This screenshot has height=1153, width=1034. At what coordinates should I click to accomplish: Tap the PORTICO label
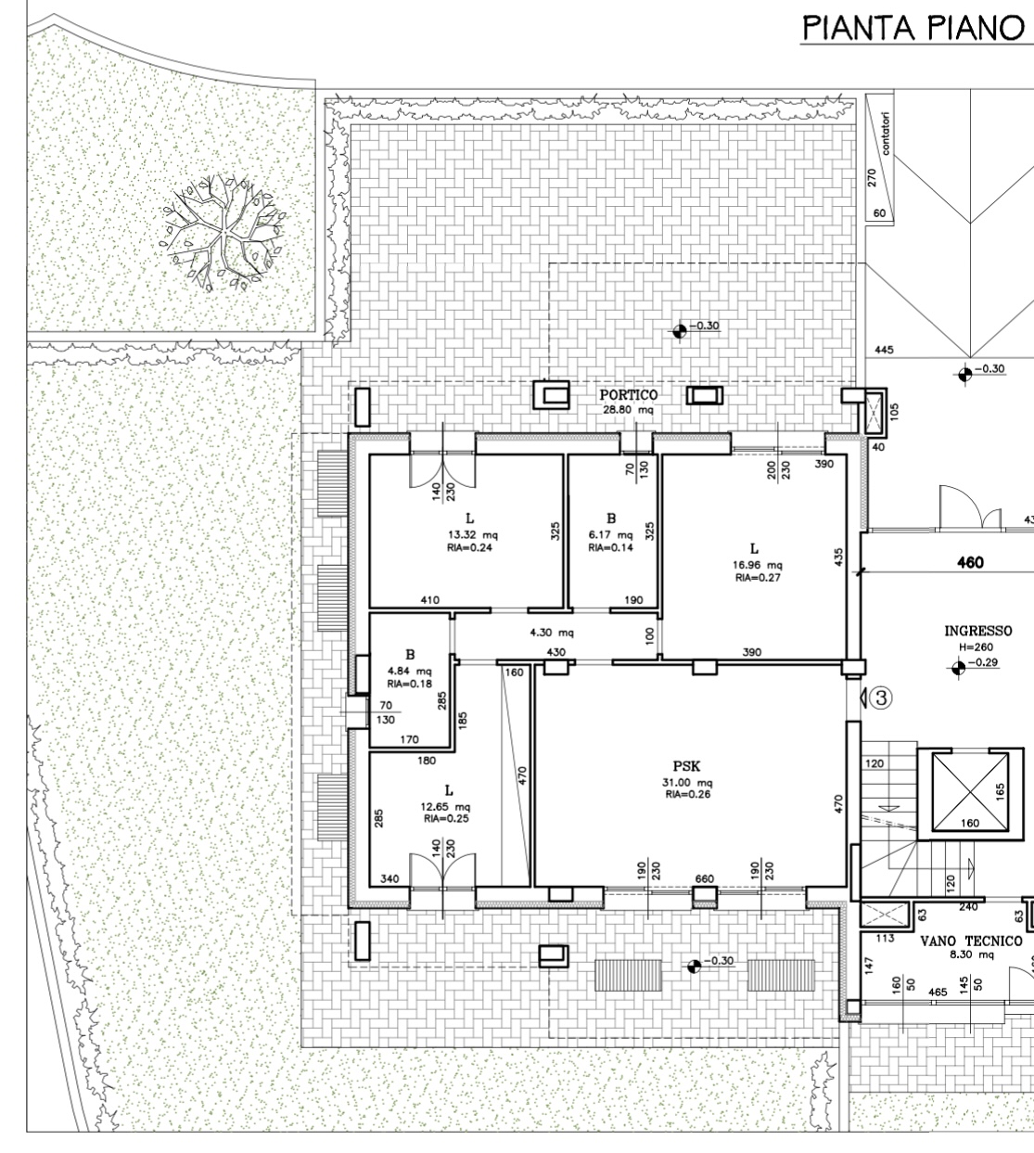(628, 395)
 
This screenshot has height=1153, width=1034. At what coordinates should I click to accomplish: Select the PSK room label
(687, 766)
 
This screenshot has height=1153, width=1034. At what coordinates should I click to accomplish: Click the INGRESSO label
(978, 631)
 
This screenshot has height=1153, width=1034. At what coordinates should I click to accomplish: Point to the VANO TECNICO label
(971, 941)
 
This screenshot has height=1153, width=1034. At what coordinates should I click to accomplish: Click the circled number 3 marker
(881, 698)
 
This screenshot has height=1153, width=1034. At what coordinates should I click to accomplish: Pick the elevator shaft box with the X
(970, 791)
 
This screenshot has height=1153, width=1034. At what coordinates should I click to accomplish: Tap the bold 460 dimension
(970, 562)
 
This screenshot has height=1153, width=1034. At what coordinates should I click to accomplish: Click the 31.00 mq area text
(688, 783)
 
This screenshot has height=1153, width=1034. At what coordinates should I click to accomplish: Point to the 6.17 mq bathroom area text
(610, 535)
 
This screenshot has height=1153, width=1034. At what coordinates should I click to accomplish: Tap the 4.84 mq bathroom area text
(409, 671)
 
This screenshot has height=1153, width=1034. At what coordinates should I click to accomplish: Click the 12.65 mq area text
(445, 806)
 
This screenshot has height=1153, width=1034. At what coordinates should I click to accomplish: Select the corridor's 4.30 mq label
(552, 633)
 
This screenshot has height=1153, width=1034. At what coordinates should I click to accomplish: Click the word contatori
(886, 133)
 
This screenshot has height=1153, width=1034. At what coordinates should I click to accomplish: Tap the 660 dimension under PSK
(704, 878)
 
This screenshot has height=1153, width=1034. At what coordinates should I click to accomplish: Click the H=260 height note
(976, 647)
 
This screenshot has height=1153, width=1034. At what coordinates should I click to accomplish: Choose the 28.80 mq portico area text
(628, 410)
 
